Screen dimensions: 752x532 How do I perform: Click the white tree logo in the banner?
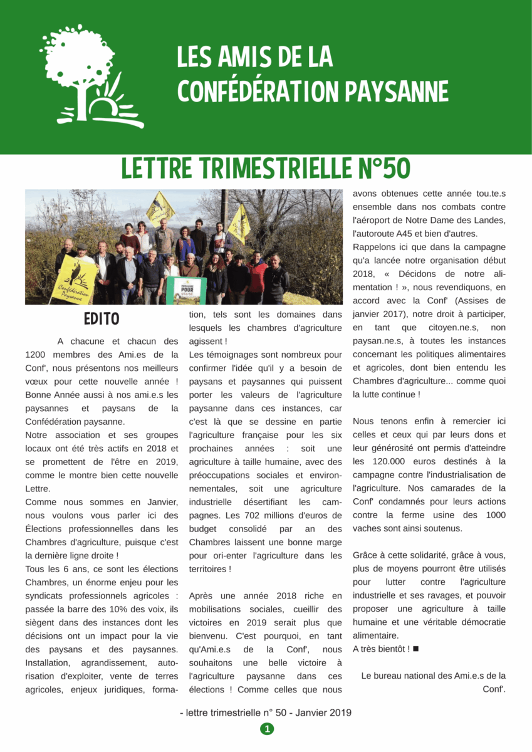[88, 75]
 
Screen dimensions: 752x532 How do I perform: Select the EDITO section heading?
[102, 318]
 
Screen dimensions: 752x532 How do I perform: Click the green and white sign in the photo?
[186, 290]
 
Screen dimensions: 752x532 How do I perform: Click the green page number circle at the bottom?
[267, 729]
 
